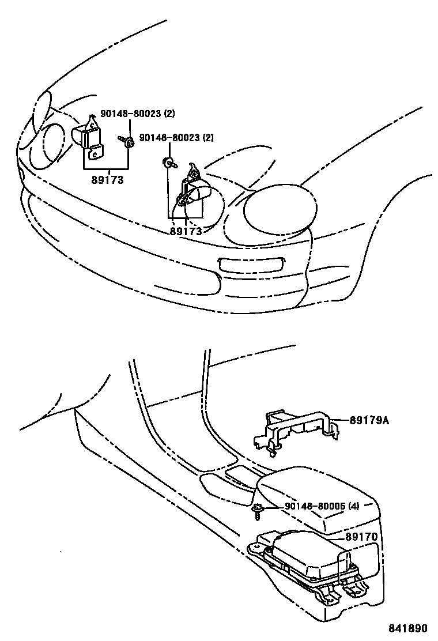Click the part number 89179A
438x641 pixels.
369,420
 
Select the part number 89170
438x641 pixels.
361,537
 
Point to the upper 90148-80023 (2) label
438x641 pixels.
137,114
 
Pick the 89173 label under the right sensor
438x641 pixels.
186,231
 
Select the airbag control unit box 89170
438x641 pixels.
305,556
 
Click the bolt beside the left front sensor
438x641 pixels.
127,141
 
